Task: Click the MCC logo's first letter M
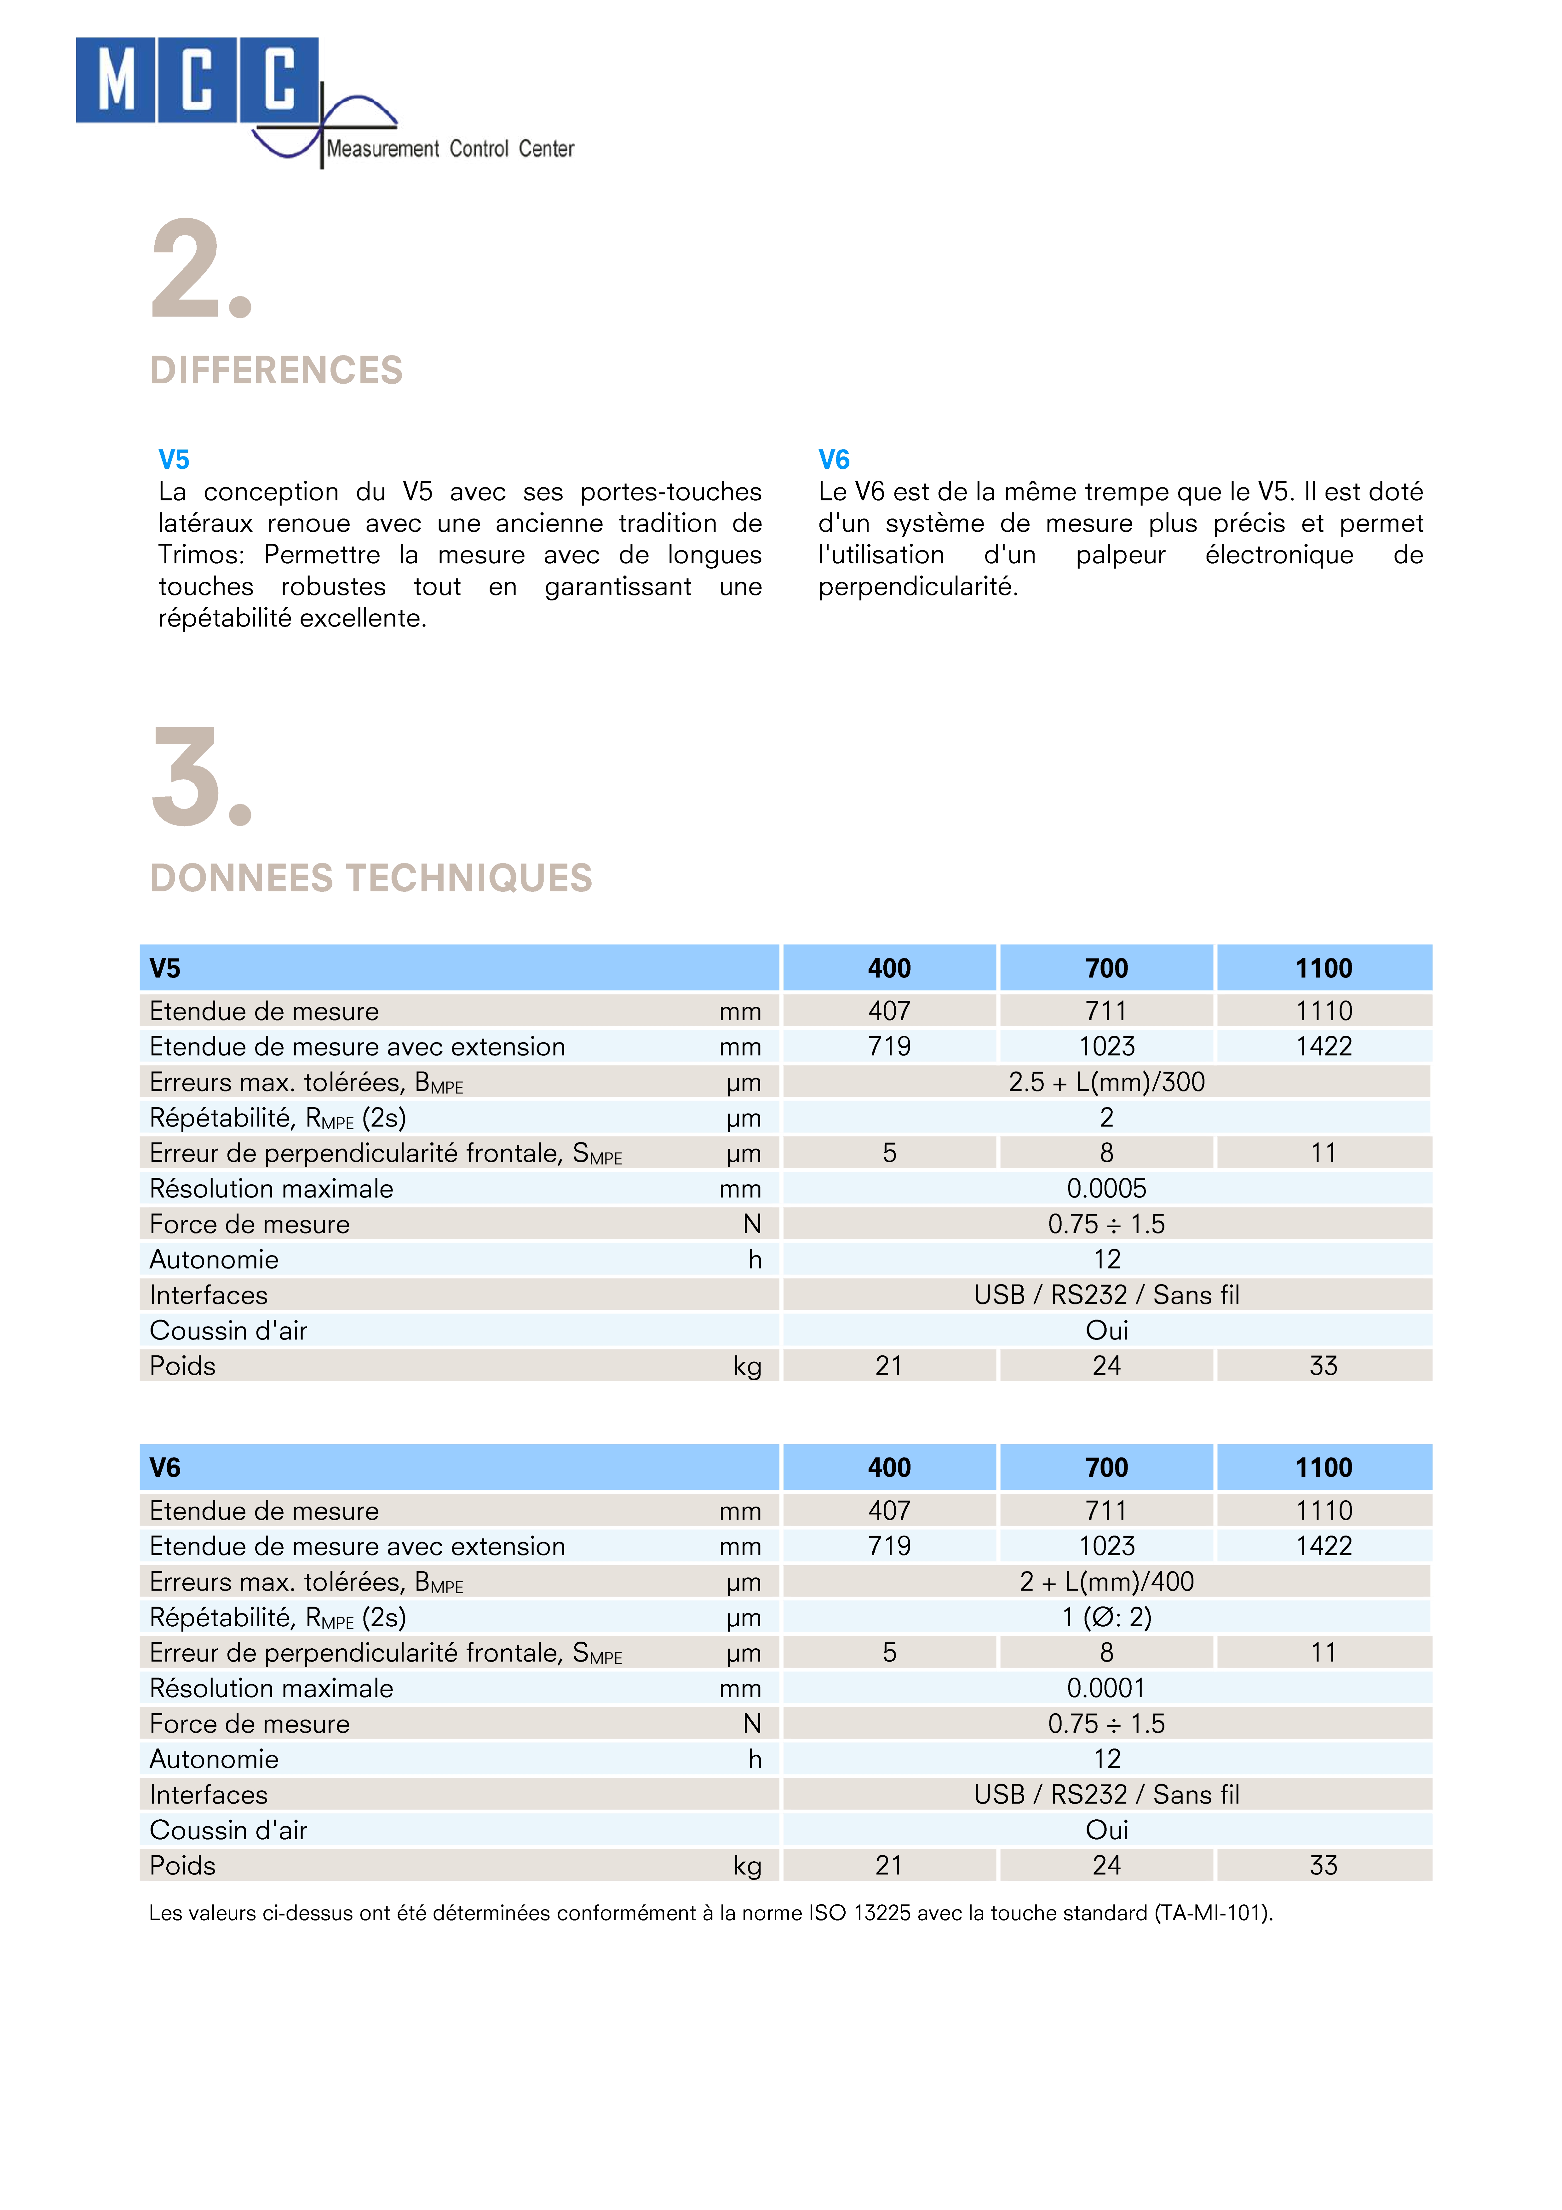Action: [116, 80]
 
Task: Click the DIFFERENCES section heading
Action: [276, 370]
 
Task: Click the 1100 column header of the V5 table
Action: [1323, 968]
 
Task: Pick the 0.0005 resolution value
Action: [1107, 1189]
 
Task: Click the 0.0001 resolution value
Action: [1107, 1688]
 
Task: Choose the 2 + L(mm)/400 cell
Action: [1107, 1582]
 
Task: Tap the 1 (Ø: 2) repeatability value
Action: [1107, 1617]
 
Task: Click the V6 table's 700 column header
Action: [1107, 1468]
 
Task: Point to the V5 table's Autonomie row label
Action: [214, 1260]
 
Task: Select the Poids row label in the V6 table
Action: [183, 1865]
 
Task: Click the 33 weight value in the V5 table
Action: [1323, 1366]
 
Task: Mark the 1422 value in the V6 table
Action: [1323, 1546]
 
